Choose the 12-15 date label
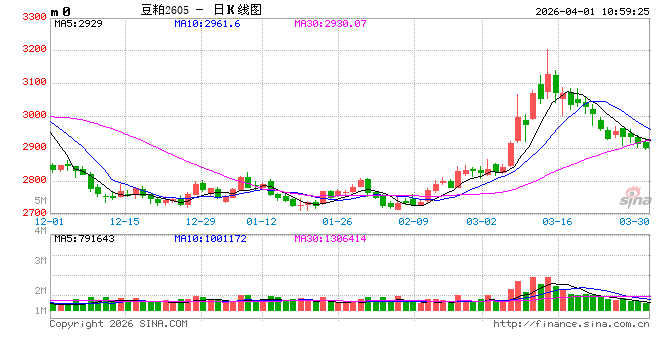pos(125,221)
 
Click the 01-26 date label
pos(337,221)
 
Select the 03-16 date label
pos(556,221)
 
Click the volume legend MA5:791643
pos(86,238)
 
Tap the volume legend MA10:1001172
pos(209,238)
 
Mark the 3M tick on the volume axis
pos(41,260)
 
